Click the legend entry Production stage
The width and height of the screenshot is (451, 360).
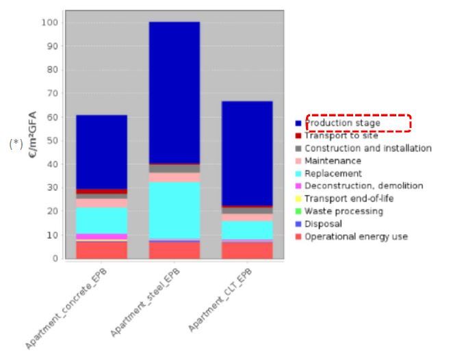342,123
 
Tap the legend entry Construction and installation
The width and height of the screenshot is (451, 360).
368,149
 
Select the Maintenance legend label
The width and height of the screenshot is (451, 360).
333,161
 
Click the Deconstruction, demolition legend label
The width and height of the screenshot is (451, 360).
363,186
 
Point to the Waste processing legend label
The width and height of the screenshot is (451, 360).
344,211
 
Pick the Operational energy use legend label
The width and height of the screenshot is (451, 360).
356,237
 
